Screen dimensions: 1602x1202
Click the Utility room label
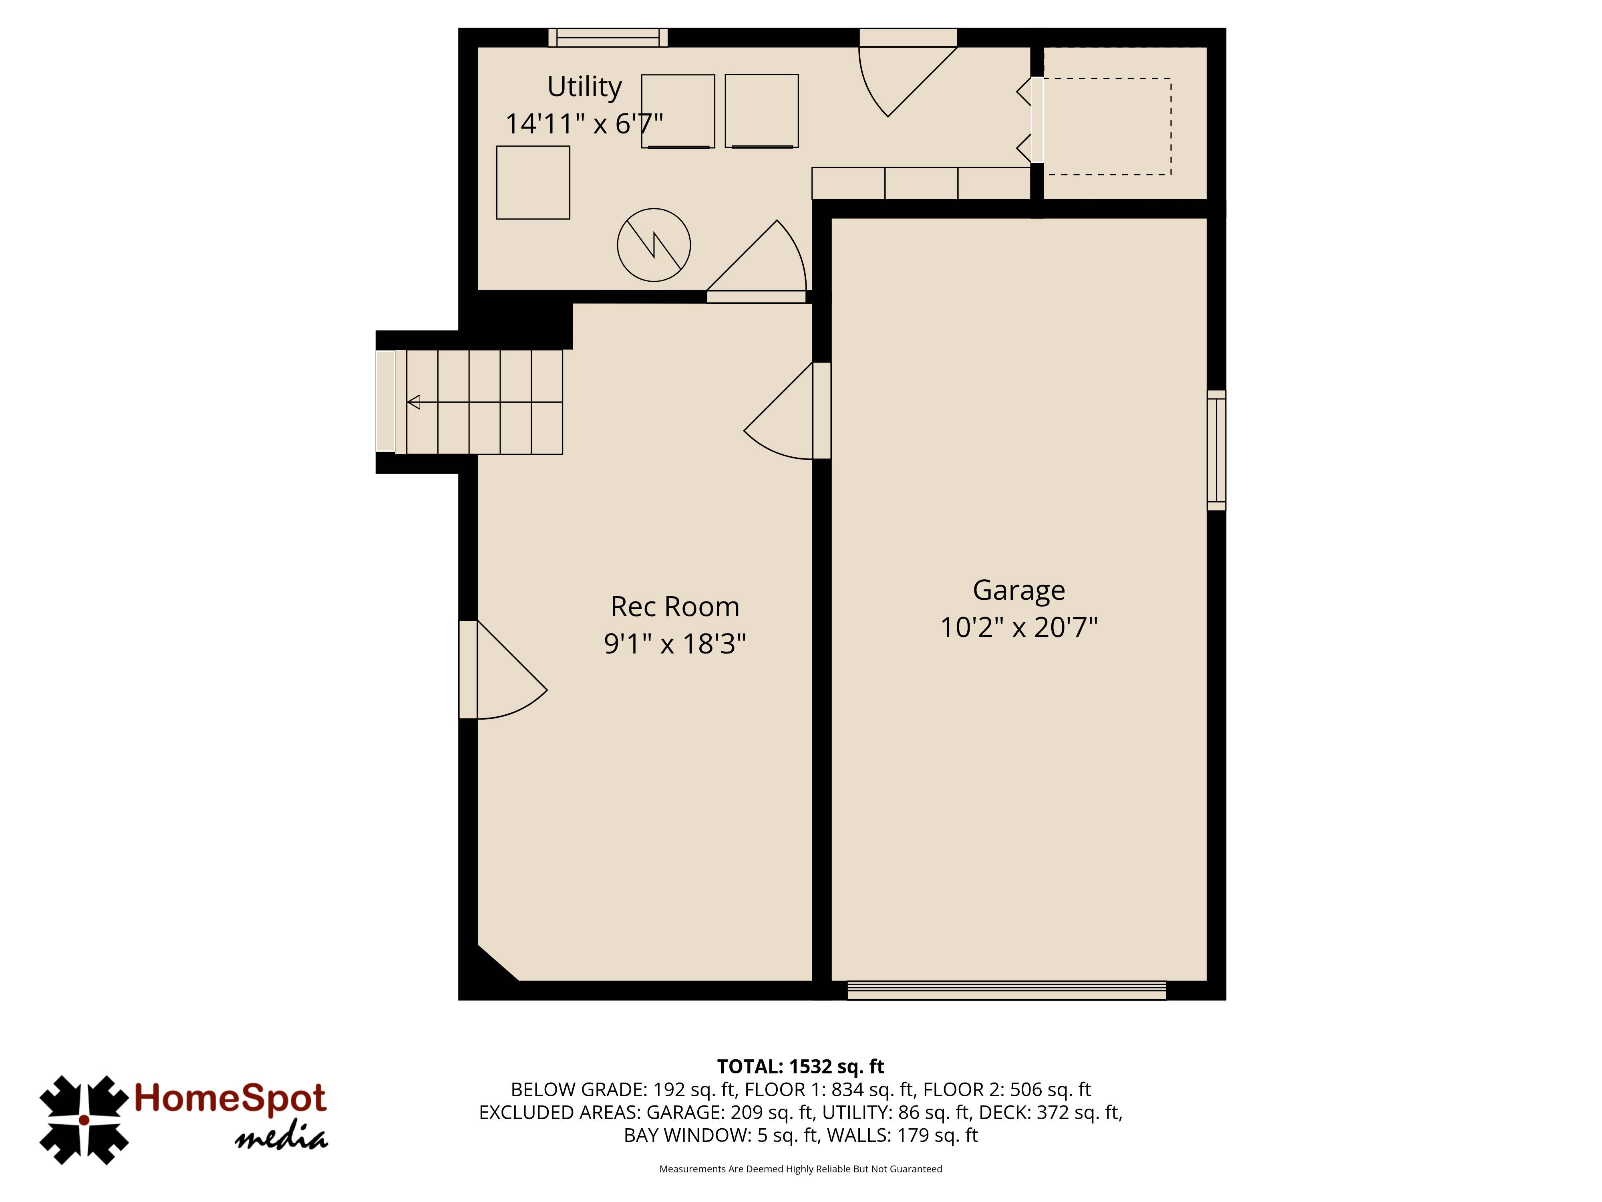(x=584, y=87)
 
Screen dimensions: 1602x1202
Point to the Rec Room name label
(x=674, y=607)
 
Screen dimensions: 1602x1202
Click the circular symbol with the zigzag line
(x=653, y=245)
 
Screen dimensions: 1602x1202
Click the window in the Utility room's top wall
(x=608, y=38)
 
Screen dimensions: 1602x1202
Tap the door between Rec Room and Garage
(x=787, y=411)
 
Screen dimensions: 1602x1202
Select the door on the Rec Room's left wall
(x=503, y=670)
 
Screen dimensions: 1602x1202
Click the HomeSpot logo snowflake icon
(x=84, y=1120)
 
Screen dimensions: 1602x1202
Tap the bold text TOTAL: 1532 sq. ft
(x=800, y=1067)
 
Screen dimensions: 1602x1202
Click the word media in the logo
(x=281, y=1139)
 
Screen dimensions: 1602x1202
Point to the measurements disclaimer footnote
(x=800, y=1169)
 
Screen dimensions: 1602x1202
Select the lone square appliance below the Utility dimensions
(x=533, y=183)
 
